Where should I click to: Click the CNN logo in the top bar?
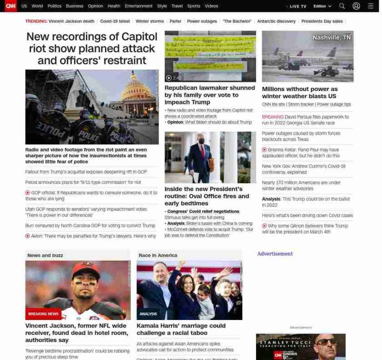point(10,6)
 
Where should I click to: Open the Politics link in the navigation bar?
point(54,6)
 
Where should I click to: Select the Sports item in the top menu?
point(194,6)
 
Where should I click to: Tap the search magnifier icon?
point(342,6)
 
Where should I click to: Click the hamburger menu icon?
point(370,6)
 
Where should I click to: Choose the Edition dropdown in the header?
point(322,6)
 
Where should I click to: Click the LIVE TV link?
point(297,6)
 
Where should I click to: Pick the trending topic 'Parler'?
point(175,21)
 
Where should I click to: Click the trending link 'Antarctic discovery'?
point(276,21)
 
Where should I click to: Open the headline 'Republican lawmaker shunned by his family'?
point(210,95)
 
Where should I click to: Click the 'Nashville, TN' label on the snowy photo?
point(332,38)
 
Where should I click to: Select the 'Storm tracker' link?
point(301,104)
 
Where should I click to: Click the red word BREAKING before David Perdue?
point(272,117)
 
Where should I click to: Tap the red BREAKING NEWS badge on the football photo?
point(43,314)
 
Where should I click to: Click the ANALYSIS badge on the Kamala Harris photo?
point(148,314)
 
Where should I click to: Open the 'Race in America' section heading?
point(158,255)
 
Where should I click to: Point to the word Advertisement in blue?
point(275,254)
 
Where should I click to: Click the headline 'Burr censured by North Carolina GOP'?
point(90,225)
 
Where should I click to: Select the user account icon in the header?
point(356,6)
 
